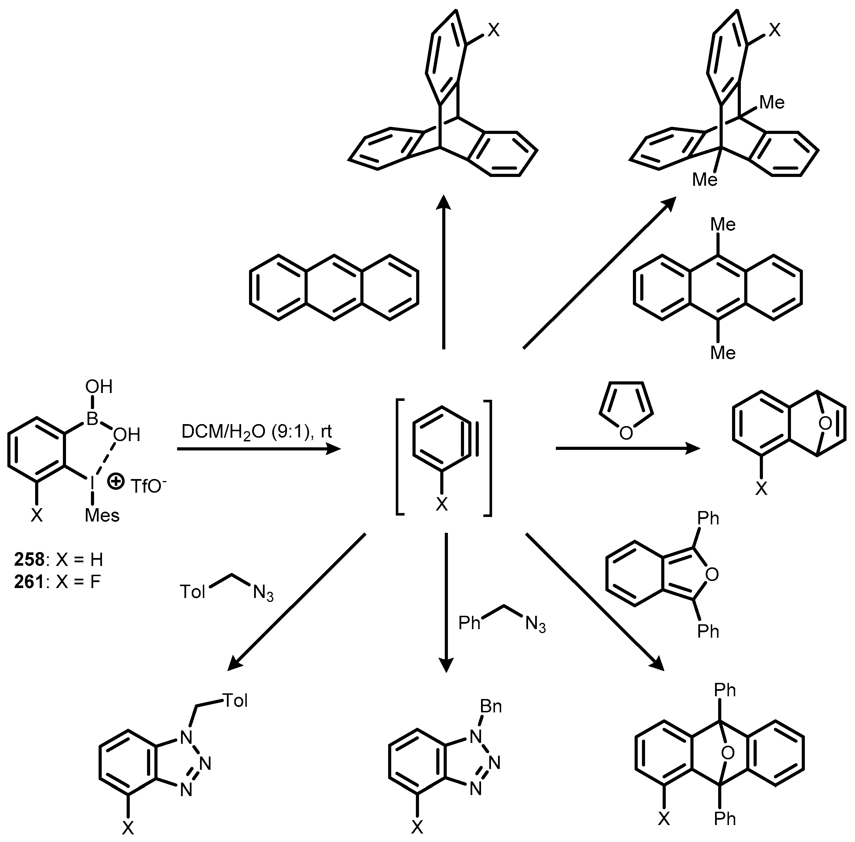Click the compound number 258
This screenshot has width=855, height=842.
point(29,560)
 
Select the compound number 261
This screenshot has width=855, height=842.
point(29,582)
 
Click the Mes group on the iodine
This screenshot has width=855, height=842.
point(102,515)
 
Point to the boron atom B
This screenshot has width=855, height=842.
point(92,419)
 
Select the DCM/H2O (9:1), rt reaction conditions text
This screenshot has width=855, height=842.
point(257,431)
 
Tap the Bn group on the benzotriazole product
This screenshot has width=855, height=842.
point(491,706)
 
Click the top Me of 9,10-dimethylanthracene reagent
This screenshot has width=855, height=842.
point(723,225)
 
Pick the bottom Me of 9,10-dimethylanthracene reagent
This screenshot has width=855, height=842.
point(723,353)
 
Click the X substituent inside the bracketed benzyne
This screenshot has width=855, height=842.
point(442,504)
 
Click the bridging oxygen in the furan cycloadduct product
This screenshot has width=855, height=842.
point(825,424)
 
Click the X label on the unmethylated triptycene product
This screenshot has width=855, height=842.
point(494,31)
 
